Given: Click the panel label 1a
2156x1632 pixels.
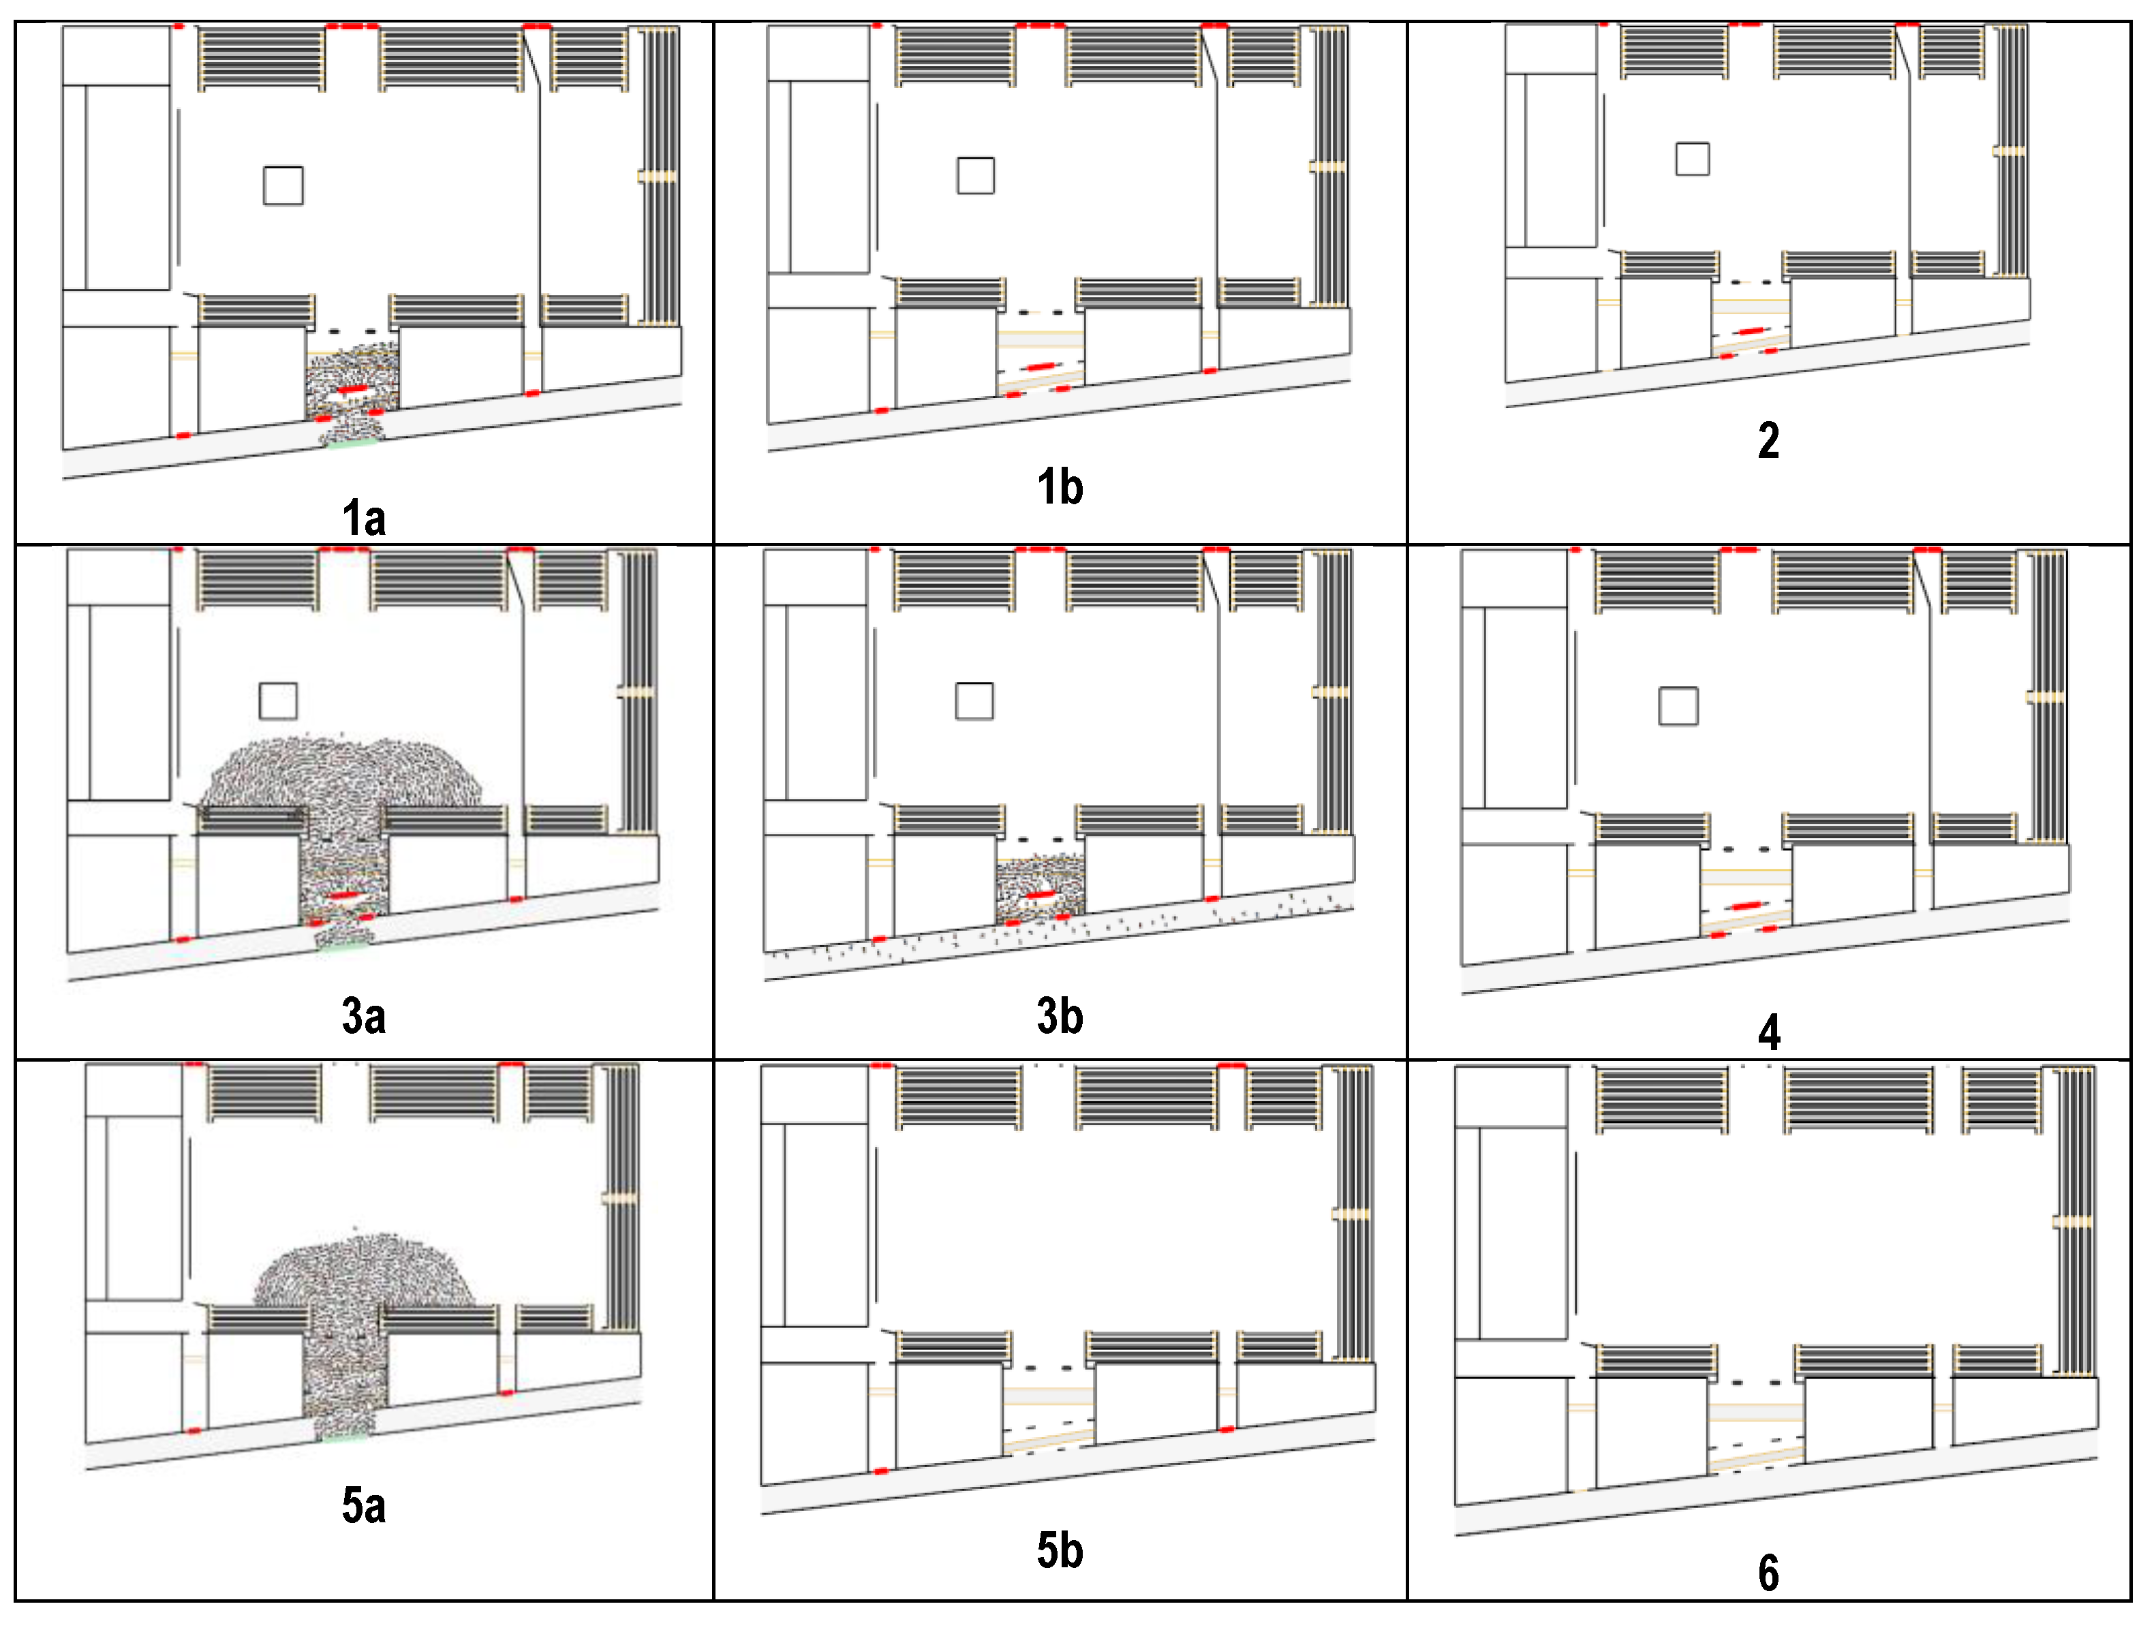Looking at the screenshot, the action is (364, 518).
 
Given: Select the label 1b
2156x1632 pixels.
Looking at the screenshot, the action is (1060, 487).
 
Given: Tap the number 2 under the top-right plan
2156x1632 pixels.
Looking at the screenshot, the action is (1768, 441).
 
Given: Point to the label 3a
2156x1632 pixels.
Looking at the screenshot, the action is (364, 1016).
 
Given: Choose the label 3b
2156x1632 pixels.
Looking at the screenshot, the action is (1060, 1016).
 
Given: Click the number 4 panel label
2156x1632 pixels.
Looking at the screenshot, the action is (1769, 1032).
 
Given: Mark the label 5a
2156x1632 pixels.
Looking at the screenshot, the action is (364, 1505).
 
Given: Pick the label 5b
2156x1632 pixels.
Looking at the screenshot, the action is (1060, 1550).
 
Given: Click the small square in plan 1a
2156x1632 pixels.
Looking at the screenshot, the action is (283, 185).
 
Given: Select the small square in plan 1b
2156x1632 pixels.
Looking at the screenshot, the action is (976, 176).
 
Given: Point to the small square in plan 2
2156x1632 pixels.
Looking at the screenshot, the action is (1692, 159).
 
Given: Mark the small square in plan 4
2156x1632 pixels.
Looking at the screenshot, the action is (1678, 706).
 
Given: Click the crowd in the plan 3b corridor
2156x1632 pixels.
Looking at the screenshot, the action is (1040, 888).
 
